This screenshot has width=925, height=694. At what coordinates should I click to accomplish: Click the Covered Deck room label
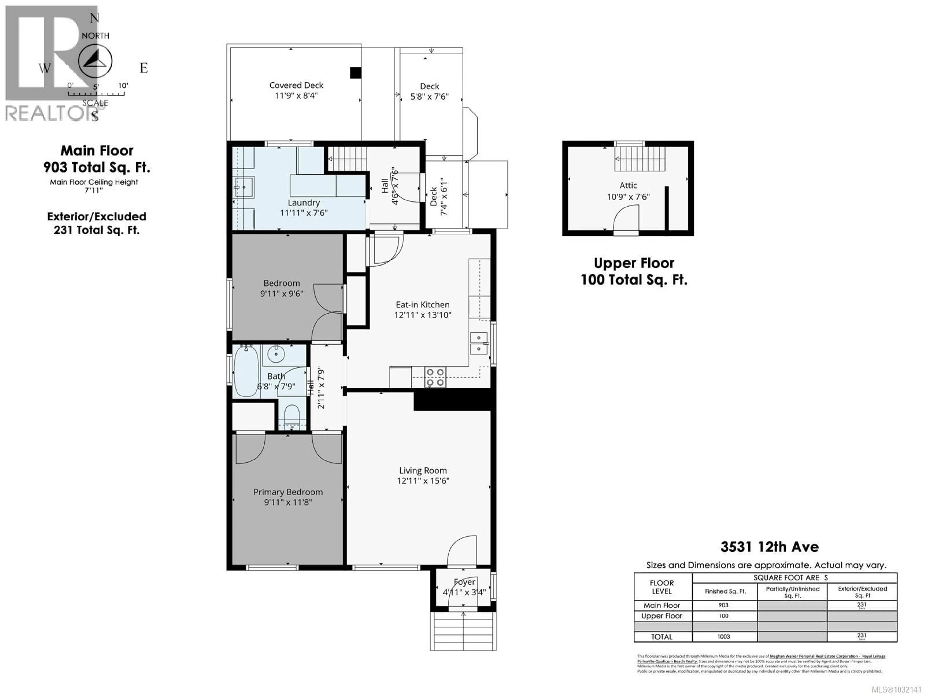(296, 85)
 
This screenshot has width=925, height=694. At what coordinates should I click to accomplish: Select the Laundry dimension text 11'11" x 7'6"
(304, 213)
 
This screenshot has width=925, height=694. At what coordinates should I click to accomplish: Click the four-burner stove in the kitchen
(435, 377)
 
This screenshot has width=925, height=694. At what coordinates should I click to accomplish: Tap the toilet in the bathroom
(292, 416)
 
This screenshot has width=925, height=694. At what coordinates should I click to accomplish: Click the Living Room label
(423, 471)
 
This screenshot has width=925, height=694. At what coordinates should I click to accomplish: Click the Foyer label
(464, 582)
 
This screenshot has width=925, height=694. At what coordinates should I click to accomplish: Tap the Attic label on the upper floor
(628, 185)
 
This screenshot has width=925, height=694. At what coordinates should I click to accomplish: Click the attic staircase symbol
(639, 159)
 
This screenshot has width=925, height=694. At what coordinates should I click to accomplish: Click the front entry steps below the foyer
(463, 631)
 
